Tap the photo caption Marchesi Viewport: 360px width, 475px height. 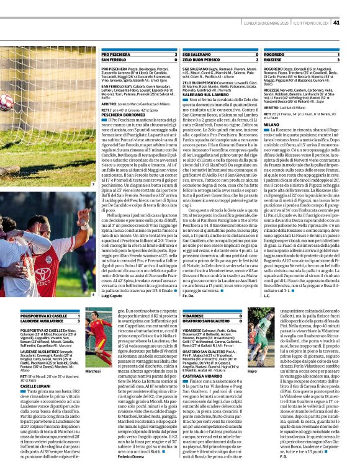(94, 371)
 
